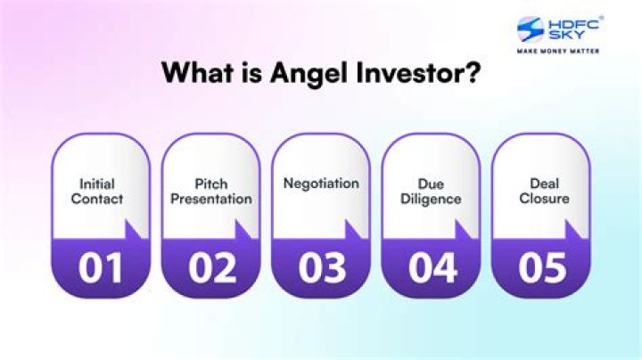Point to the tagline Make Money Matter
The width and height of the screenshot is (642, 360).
point(558,51)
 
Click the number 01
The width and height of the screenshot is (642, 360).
point(101,267)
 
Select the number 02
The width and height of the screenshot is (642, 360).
point(210,267)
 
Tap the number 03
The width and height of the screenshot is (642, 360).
point(321,267)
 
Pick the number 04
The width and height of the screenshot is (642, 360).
point(431,267)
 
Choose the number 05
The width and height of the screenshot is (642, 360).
point(541,267)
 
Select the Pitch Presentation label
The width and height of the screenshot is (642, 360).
point(210,192)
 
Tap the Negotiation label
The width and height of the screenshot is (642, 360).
point(321,184)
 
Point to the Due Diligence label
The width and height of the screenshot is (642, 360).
point(431,192)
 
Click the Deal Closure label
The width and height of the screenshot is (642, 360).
point(543,192)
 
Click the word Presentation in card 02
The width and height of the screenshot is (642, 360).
point(210,200)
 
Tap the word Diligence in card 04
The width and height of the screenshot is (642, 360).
point(431,200)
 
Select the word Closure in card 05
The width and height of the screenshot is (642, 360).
point(543,200)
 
